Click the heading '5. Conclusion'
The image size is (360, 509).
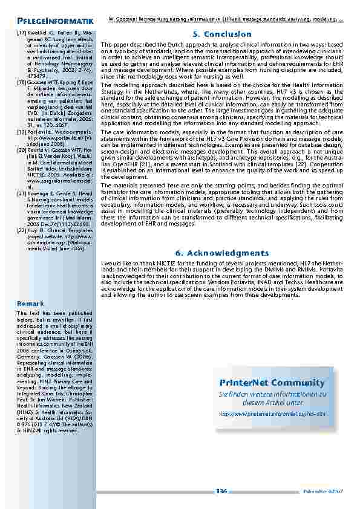pos(221,34)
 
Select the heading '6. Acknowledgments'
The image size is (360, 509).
pos(221,253)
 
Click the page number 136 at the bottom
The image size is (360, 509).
pos(221,490)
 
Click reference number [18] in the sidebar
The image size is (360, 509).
pos(21,80)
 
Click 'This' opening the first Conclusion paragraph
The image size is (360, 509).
pos(107,45)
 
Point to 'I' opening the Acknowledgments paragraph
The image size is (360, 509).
pos(103,264)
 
